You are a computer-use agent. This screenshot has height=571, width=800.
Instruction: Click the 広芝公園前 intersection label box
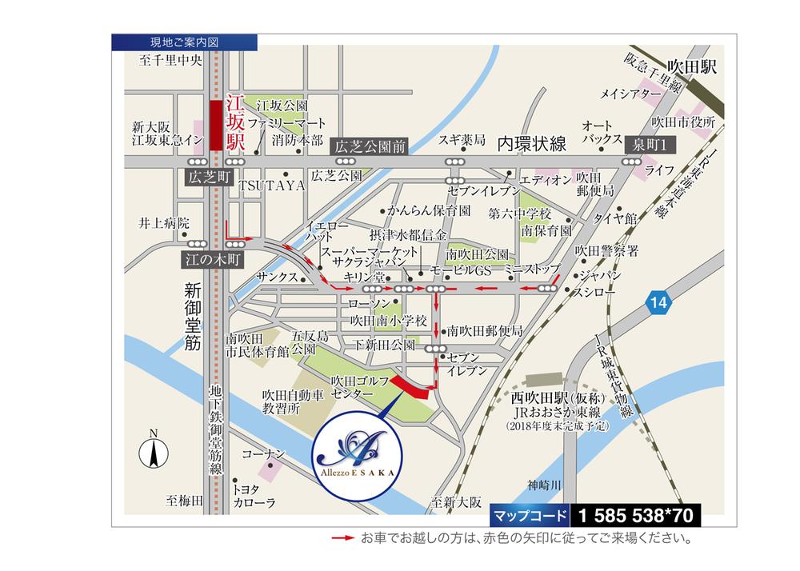coord(370,146)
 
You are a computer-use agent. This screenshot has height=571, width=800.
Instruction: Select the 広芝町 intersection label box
coord(206,178)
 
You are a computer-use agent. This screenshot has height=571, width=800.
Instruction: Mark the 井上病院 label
coord(163,222)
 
